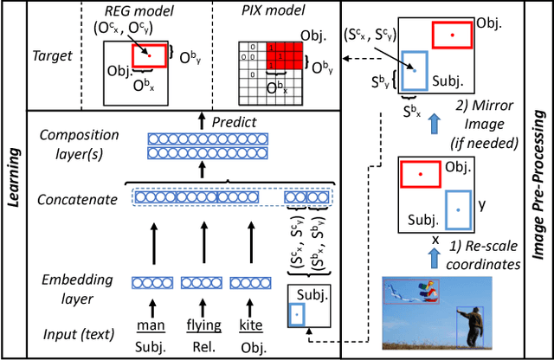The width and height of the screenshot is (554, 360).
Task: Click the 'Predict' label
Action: (x=236, y=123)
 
